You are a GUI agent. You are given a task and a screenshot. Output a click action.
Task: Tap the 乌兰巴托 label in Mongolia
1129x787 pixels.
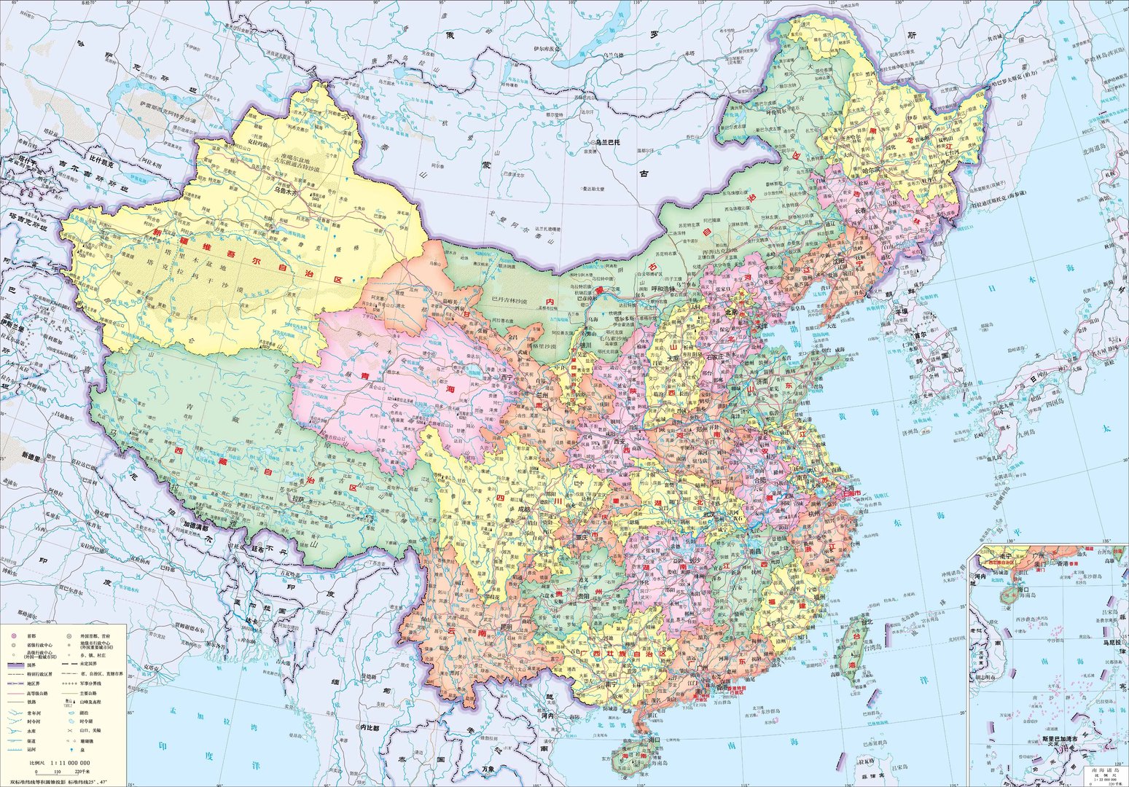[x=610, y=143]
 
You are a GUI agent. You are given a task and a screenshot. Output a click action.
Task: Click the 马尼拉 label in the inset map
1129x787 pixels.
[x=1112, y=643]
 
